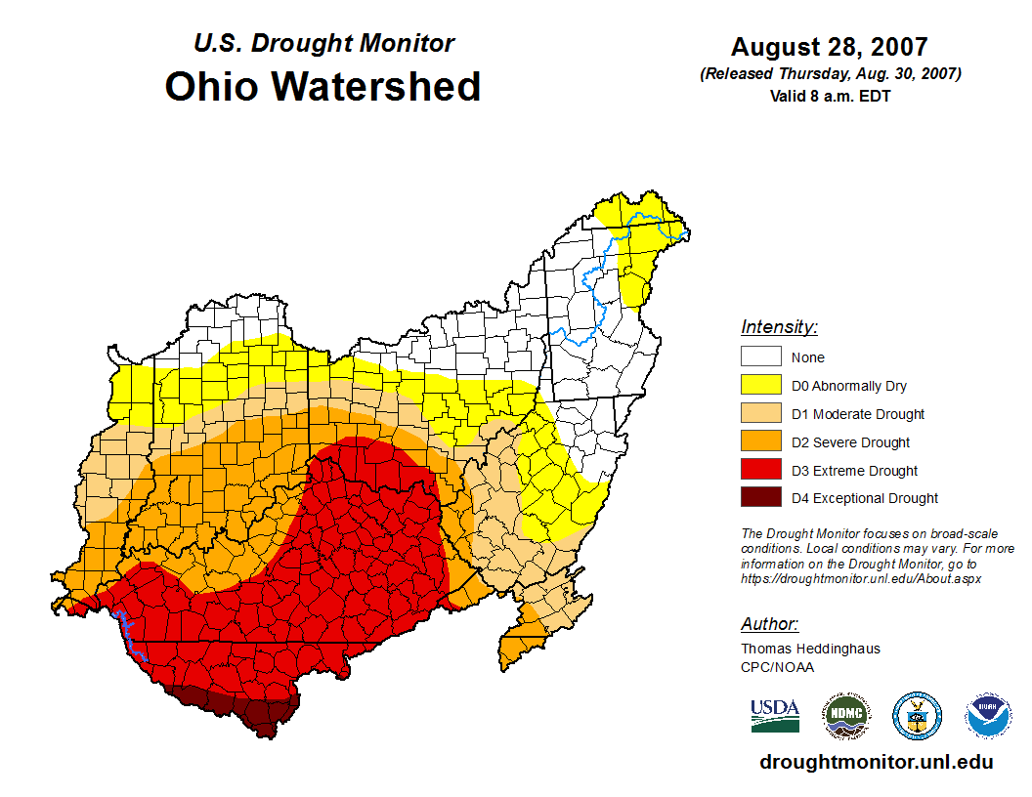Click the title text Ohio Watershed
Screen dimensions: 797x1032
[x=322, y=86]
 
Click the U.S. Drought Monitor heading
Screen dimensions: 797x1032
[x=323, y=44]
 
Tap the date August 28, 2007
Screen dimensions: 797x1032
[x=829, y=47]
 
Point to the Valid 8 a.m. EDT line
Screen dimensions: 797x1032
[x=829, y=96]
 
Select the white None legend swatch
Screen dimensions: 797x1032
[x=760, y=357]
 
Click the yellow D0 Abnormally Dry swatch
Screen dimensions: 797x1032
[x=760, y=386]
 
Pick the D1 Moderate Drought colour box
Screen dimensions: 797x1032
[x=760, y=414]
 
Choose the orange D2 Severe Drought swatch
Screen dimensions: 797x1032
[x=760, y=442]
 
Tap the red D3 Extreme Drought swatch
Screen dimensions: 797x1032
[x=760, y=471]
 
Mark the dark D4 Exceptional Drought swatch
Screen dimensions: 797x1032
[x=760, y=498]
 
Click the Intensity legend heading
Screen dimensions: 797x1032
[x=779, y=327]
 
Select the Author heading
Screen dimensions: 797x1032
[x=769, y=624]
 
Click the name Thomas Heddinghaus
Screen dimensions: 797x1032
[x=810, y=649]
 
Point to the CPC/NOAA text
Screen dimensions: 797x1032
[x=777, y=667]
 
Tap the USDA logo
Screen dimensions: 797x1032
[x=775, y=716]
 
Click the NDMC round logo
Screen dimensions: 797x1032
[x=845, y=717]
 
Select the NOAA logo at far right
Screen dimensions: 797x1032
[x=988, y=717]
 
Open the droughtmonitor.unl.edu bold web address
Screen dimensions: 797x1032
[x=876, y=763]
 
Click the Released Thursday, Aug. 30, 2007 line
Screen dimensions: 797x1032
[x=830, y=74]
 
